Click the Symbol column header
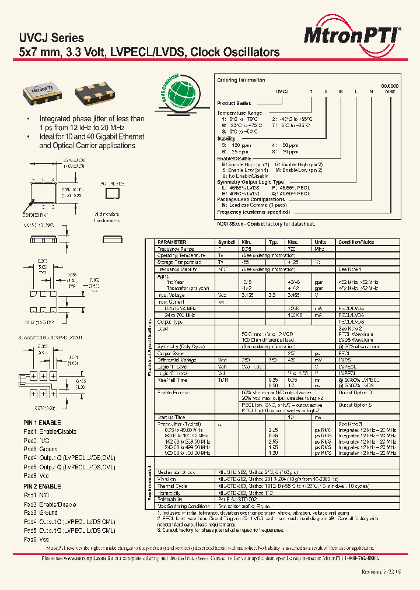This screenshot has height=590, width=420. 226,242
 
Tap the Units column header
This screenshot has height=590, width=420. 321,242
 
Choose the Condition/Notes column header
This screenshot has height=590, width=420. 356,242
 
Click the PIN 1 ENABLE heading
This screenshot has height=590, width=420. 42,422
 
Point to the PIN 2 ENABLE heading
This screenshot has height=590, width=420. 42,486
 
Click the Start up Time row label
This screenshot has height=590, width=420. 172,417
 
